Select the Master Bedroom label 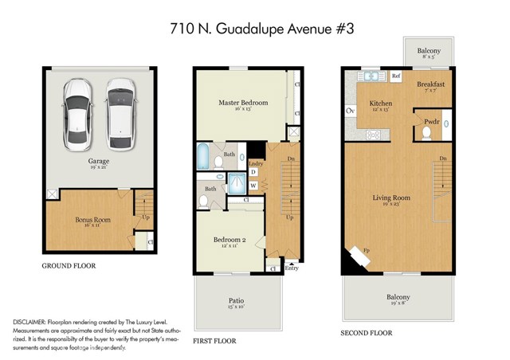(243, 104)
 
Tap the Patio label (235, 301)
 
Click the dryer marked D (253, 172)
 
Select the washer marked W (253, 186)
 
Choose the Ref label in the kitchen (395, 76)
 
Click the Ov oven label (350, 111)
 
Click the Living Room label (391, 198)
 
